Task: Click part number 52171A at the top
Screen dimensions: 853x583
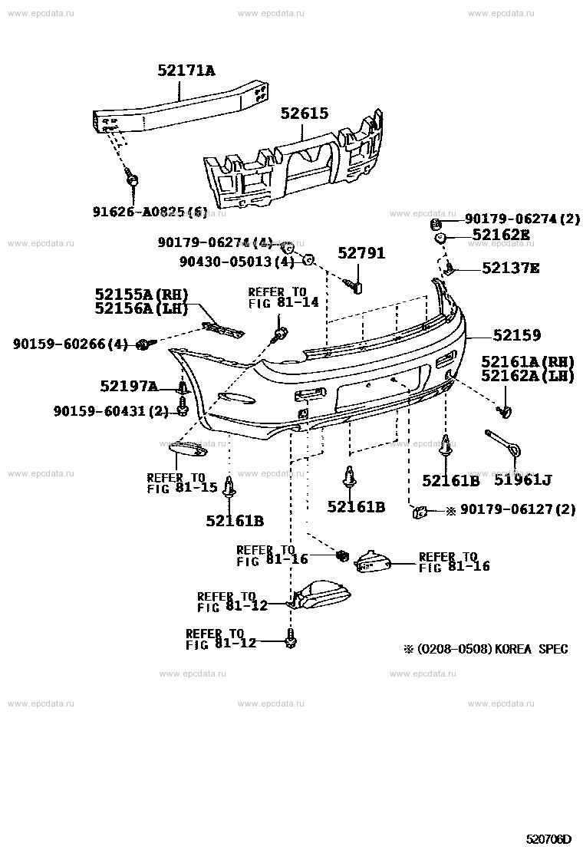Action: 186,71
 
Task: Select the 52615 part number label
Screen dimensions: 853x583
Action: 304,114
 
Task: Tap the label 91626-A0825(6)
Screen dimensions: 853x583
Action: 147,211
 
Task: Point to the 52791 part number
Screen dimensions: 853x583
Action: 361,253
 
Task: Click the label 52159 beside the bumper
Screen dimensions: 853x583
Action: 517,335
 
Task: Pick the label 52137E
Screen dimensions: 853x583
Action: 511,268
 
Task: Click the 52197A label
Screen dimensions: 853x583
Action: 129,386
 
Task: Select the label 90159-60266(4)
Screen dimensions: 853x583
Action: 71,345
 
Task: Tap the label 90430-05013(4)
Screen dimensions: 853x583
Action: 237,261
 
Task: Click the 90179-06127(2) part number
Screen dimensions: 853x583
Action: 517,509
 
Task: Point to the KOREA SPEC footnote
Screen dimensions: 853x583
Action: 486,649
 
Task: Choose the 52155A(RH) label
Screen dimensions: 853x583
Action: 142,294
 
